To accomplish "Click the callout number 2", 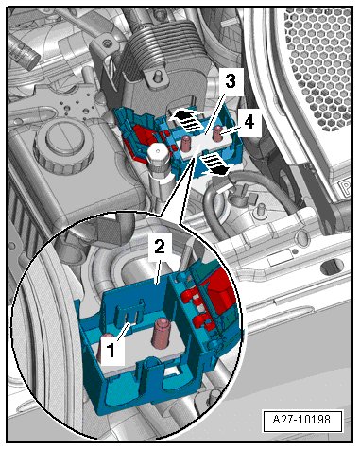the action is point(160,247).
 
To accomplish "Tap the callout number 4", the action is point(249,122).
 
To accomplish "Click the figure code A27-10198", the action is point(301,420).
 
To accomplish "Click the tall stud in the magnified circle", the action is point(162,333).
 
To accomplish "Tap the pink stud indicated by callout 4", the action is point(216,133).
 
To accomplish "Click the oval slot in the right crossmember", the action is point(332,268).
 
